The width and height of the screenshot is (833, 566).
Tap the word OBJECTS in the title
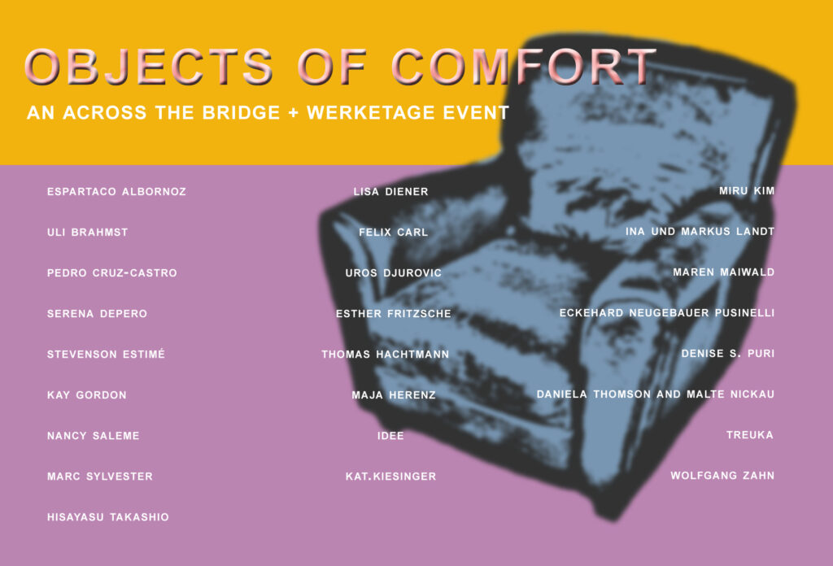149,67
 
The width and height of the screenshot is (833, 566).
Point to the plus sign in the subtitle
293,113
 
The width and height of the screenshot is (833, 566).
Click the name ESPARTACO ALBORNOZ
116,192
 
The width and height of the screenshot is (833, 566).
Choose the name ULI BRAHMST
88,233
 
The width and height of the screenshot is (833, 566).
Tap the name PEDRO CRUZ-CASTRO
112,273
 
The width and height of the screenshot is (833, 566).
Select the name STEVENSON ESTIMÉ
106,354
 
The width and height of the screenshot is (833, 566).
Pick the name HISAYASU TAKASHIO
108,517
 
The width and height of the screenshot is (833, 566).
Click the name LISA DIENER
391,192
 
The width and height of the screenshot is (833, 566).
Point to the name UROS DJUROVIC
393,273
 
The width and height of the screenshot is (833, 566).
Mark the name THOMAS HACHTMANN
385,354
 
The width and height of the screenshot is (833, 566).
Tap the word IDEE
390,436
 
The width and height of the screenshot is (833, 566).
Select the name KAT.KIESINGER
391,477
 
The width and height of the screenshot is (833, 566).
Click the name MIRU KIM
747,190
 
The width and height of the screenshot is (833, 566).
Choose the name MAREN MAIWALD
723,272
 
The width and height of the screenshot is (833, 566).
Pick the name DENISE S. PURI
728,353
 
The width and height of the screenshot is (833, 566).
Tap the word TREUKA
749,435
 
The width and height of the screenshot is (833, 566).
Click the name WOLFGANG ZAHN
722,475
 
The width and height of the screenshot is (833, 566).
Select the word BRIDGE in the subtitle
241,112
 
